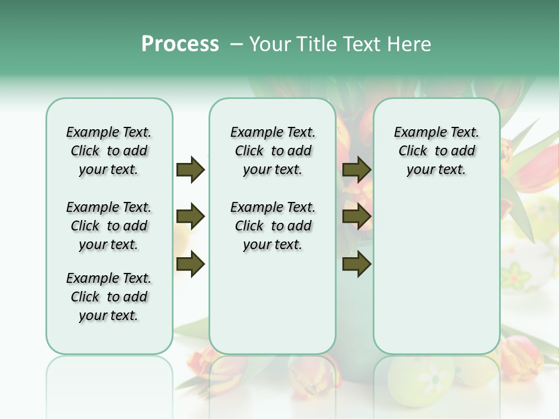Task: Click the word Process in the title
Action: coord(180,44)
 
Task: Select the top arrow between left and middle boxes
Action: coord(190,170)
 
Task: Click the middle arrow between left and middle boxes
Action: coord(190,217)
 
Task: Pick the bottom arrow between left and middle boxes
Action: coord(190,264)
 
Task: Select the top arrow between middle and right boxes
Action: coord(356,170)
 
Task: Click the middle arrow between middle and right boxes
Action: coord(356,217)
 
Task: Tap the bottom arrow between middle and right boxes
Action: coord(356,264)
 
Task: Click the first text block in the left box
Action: coord(109,151)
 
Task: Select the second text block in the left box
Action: coord(109,226)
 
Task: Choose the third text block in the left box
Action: coord(109,297)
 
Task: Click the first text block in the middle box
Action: coord(273,151)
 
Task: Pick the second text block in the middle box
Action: coord(273,226)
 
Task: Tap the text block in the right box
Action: coord(436,151)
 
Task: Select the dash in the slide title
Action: coord(236,45)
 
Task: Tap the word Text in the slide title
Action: coord(362,44)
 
